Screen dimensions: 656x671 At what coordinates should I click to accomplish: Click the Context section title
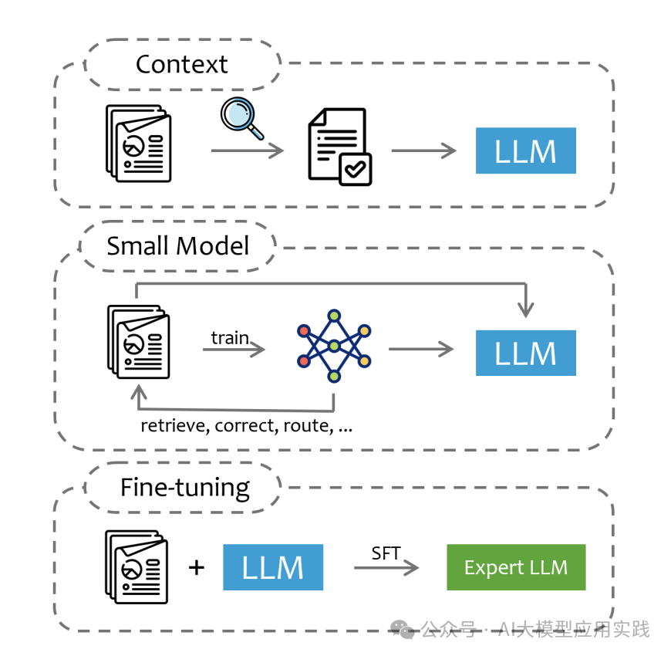(181, 64)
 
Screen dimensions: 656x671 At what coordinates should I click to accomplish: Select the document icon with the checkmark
(339, 147)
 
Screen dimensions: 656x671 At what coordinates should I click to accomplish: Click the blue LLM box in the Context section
(525, 150)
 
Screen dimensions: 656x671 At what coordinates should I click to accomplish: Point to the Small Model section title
(178, 245)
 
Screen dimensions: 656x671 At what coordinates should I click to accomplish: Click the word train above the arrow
(230, 337)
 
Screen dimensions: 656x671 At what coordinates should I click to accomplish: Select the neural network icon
(334, 346)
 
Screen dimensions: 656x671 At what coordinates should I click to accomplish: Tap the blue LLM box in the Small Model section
(525, 353)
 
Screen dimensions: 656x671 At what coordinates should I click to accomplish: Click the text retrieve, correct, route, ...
(246, 425)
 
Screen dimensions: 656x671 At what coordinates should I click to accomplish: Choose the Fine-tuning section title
(185, 487)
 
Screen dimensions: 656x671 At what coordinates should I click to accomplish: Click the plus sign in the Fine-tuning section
(197, 568)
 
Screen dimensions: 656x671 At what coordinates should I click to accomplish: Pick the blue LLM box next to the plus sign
(272, 567)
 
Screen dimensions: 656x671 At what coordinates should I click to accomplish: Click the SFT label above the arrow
(386, 553)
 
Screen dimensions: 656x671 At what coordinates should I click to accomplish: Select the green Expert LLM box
(516, 568)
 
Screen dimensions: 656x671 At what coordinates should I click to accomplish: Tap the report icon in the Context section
(138, 145)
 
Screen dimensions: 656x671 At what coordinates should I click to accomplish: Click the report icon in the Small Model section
(138, 341)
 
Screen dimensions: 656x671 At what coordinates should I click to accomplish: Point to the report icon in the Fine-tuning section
(136, 566)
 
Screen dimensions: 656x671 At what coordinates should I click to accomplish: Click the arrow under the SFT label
(386, 569)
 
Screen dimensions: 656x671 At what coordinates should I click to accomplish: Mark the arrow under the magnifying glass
(247, 150)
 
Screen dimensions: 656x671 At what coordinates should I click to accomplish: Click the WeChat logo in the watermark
(403, 630)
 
